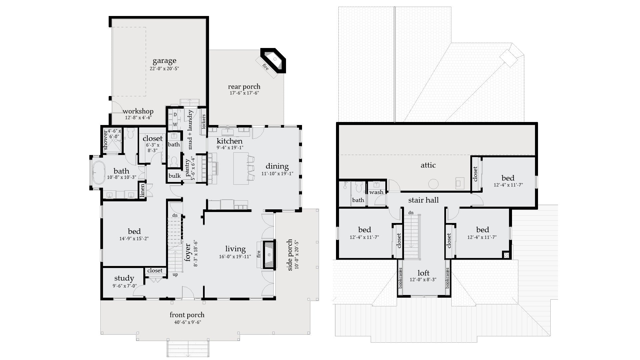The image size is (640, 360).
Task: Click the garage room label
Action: [x=164, y=61]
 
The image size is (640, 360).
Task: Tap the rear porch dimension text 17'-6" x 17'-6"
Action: [x=244, y=93]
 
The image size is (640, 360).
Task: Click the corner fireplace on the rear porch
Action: [x=274, y=61]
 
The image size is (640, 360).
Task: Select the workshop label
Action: [x=138, y=111]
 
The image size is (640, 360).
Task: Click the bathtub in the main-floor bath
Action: [x=98, y=173]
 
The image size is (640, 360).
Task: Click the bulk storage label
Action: [x=174, y=176]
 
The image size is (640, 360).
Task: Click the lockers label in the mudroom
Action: [x=203, y=122]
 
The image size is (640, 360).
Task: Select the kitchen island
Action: [x=241, y=168]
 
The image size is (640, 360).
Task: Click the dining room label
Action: [x=277, y=166]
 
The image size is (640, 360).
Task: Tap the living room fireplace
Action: [x=269, y=254]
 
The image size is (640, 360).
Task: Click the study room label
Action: [x=124, y=278]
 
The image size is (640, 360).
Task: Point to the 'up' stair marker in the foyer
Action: [x=175, y=275]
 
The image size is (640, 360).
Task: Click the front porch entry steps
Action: [x=188, y=349]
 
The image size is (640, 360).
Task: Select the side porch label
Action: [x=290, y=255]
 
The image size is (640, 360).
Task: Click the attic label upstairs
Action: [x=428, y=165]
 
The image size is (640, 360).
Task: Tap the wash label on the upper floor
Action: [x=376, y=192]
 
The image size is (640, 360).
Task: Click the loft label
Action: [x=423, y=273]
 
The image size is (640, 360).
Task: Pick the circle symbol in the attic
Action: [x=433, y=184]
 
